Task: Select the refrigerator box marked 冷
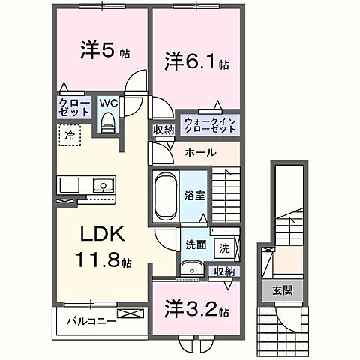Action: click(x=68, y=136)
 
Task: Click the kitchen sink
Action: click(x=100, y=185)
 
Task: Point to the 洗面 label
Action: click(x=196, y=243)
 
